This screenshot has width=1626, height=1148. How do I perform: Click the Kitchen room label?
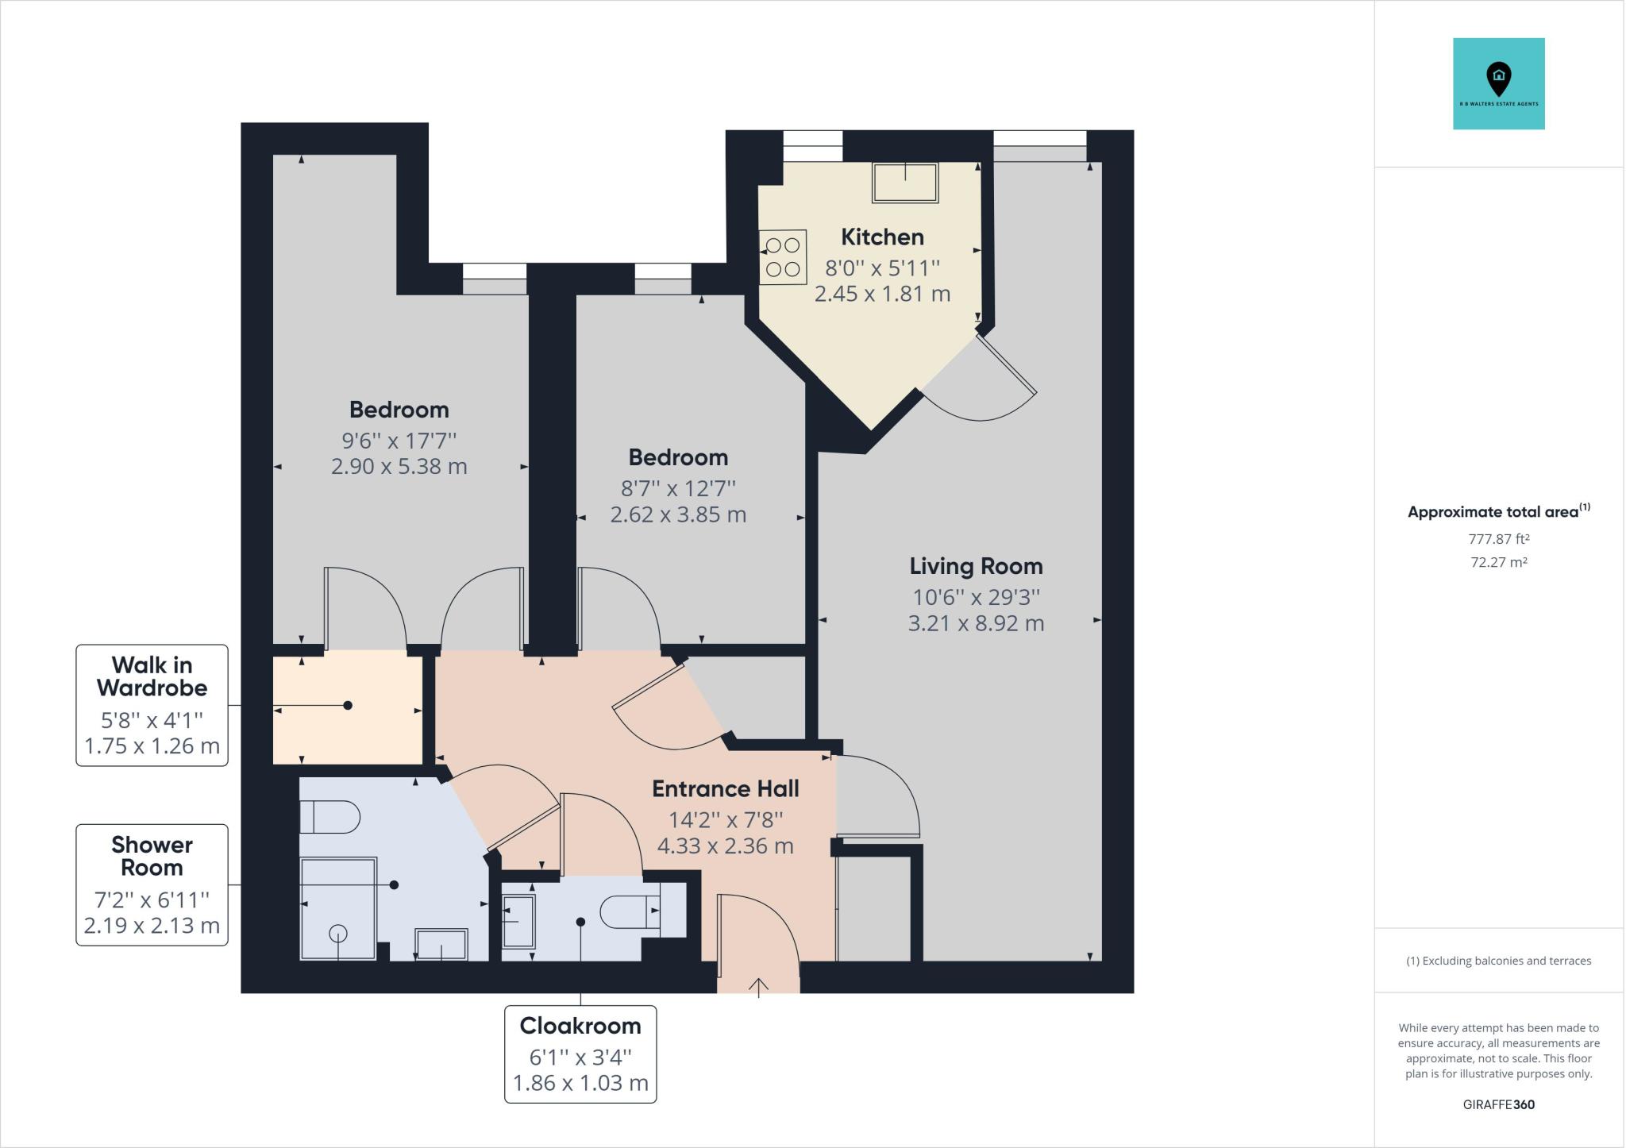click(882, 237)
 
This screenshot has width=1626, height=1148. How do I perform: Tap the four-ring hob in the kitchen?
click(783, 257)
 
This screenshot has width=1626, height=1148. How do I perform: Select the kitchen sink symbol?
click(905, 183)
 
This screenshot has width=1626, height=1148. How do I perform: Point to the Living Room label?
click(976, 566)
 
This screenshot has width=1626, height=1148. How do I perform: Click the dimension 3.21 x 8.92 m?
click(976, 623)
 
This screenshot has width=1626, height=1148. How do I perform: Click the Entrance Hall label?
click(725, 788)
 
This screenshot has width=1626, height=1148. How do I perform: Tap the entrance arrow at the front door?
click(758, 986)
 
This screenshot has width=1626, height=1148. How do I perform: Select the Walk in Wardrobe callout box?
click(152, 705)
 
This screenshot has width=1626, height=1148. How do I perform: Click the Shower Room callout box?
click(152, 884)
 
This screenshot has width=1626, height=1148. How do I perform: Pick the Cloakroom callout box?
click(580, 1054)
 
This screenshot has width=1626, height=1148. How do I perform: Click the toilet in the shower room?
click(330, 817)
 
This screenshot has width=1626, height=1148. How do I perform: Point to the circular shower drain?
click(338, 934)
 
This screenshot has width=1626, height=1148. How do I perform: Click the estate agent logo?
click(1498, 83)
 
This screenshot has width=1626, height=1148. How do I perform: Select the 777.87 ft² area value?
click(1498, 539)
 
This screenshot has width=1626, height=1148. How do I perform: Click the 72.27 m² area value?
click(1498, 562)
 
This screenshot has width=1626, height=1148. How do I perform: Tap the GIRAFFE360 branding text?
click(1498, 1104)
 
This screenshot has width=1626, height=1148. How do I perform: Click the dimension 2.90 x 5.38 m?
click(399, 467)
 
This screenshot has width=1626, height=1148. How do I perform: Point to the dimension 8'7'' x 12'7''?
click(678, 487)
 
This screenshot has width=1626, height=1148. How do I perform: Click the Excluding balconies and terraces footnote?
click(1498, 961)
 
